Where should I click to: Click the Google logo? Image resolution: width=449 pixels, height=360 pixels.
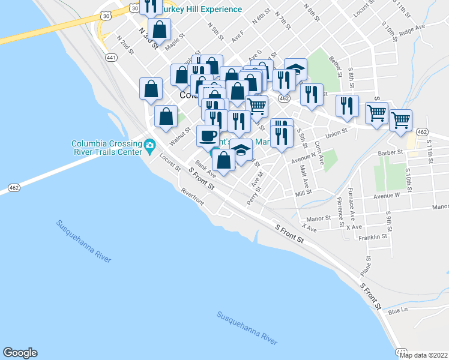click(20, 353)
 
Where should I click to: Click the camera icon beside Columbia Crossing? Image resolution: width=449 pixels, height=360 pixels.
click(149, 145)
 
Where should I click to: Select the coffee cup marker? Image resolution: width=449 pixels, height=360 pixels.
click(208, 136)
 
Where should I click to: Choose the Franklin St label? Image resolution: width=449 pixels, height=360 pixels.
click(373, 237)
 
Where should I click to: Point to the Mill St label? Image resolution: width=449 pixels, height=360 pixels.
click(304, 193)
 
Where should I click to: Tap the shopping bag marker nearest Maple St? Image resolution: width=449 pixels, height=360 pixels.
click(160, 28)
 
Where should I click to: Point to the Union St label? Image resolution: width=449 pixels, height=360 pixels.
click(336, 133)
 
